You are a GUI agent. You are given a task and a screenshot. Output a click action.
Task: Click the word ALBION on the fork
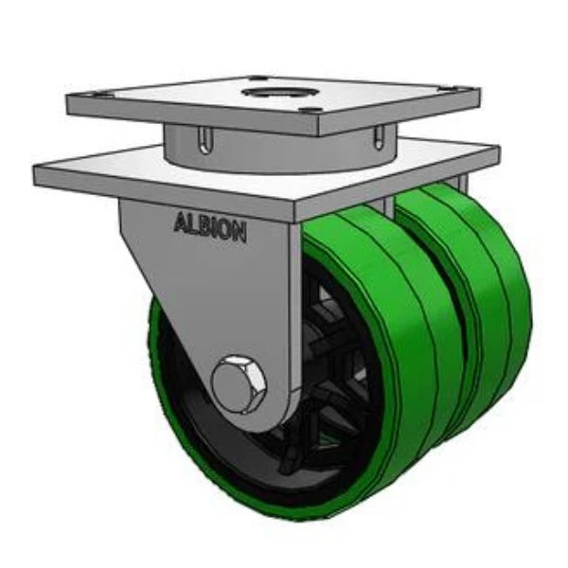209,226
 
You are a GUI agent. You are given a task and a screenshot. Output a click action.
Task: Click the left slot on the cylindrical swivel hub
204,141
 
